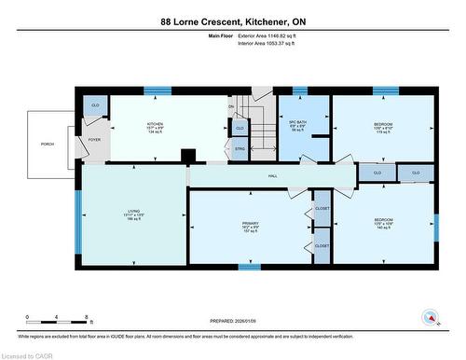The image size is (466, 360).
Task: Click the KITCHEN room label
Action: (155, 124)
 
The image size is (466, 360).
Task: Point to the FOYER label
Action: (94, 140)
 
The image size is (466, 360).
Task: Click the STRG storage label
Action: (239, 148)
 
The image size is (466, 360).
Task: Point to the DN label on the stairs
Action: (230, 106)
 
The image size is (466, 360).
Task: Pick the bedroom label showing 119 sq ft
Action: (383, 126)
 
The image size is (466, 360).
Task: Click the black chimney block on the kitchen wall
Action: (187, 156)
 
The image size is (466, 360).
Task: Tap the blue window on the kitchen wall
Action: (158, 91)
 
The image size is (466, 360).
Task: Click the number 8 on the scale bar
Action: (87, 317)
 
